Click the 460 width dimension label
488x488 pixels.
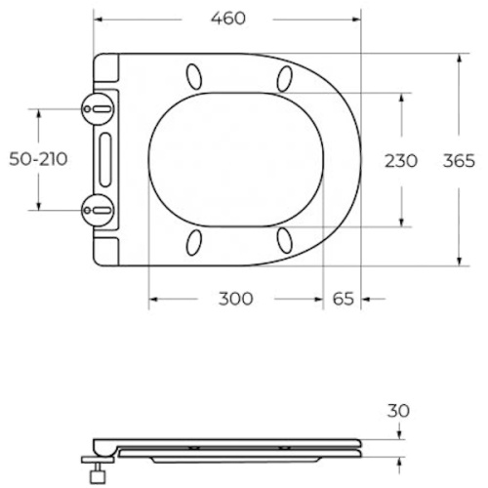[x=228, y=19]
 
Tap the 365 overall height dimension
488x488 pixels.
[x=459, y=161]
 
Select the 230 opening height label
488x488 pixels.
[x=401, y=161]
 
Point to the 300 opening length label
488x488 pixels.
[x=235, y=299]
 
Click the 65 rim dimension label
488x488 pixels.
[x=343, y=299]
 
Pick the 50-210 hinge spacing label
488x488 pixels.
[x=38, y=159]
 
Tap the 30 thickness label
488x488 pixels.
[x=398, y=411]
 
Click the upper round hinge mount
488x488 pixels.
[x=98, y=109]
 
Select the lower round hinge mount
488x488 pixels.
[x=98, y=210]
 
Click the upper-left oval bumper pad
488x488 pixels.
[x=194, y=76]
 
